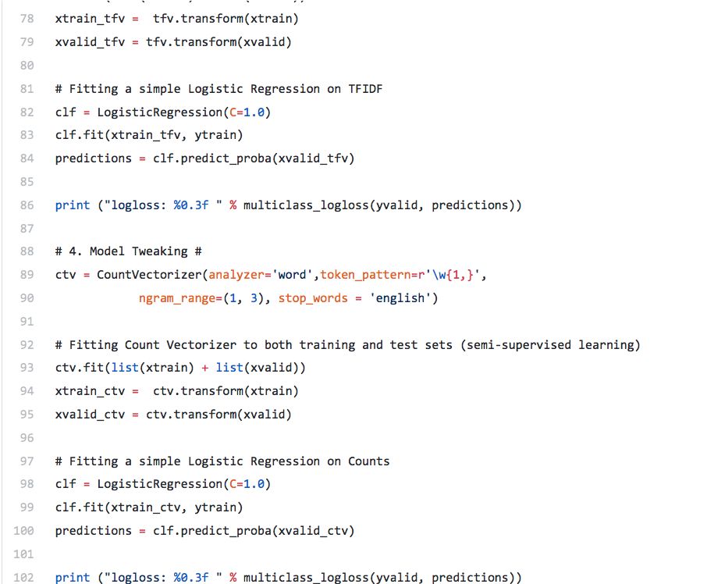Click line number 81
tap(27, 89)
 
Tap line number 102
tap(23, 578)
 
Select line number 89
tap(27, 275)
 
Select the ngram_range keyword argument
tap(173, 298)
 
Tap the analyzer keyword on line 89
tap(236, 275)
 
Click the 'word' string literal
tap(292, 275)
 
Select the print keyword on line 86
tap(73, 205)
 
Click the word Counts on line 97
tap(368, 461)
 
